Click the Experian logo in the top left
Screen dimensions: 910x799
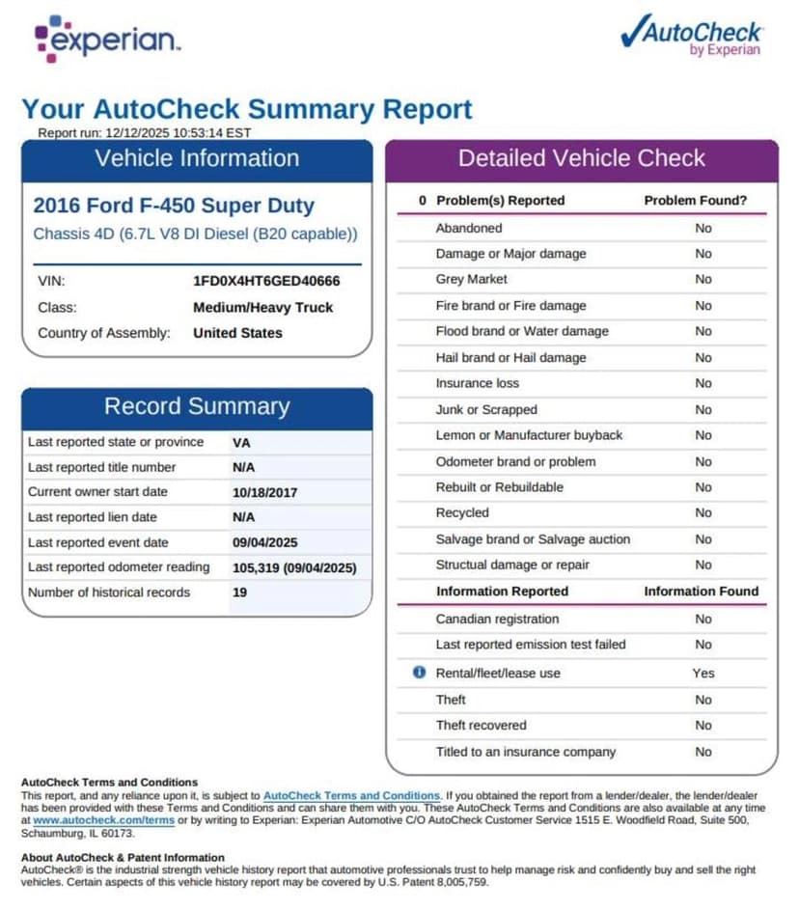[106, 39]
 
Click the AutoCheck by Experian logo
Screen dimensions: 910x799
[692, 36]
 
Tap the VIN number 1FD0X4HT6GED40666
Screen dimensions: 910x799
[266, 282]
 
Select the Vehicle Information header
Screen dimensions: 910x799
[197, 159]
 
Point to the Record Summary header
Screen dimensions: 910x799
[197, 406]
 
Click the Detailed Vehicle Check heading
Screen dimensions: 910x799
[581, 159]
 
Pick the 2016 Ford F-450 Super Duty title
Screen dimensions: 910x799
[174, 206]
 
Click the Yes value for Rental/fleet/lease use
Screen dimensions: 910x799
[703, 673]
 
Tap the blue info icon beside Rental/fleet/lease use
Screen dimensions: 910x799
[419, 672]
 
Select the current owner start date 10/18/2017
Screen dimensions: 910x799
[264, 492]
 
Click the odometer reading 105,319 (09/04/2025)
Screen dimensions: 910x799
[294, 567]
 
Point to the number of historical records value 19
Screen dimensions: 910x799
[239, 593]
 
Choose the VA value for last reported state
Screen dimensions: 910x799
[241, 442]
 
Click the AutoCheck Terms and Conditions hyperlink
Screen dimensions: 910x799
[351, 795]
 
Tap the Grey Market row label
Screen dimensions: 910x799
[471, 280]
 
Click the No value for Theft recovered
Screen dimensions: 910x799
[703, 726]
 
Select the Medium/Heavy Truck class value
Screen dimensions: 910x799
[262, 308]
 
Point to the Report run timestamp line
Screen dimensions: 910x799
[145, 132]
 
